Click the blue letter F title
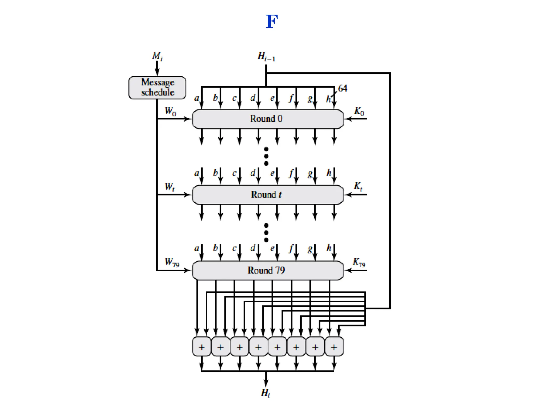pyautogui.click(x=272, y=21)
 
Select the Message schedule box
pyautogui.click(x=157, y=88)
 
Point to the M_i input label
pyautogui.click(x=157, y=56)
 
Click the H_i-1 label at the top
pyautogui.click(x=266, y=56)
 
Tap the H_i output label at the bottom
pyautogui.click(x=266, y=393)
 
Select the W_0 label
pyautogui.click(x=170, y=111)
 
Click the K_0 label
pyautogui.click(x=359, y=111)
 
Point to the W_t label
pyautogui.click(x=170, y=187)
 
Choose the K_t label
pyautogui.click(x=358, y=186)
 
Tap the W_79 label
pyautogui.click(x=172, y=262)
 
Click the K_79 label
pyautogui.click(x=359, y=263)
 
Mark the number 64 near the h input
pyautogui.click(x=342, y=88)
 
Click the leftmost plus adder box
pyautogui.click(x=202, y=347)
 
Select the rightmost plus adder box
pyautogui.click(x=334, y=347)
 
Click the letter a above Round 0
pyautogui.click(x=196, y=99)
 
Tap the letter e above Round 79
pyautogui.click(x=272, y=248)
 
